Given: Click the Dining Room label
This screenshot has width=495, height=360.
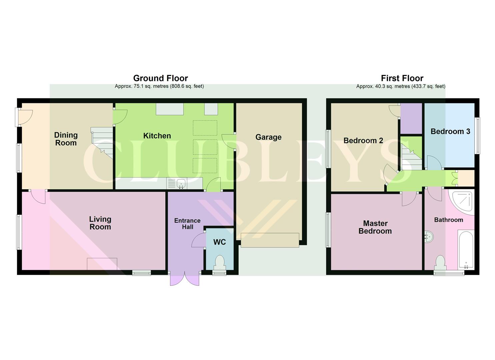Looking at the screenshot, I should coord(66,139).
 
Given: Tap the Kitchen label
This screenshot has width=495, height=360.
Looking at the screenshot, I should coord(157,136).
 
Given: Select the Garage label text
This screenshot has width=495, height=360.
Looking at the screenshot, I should coord(268,137).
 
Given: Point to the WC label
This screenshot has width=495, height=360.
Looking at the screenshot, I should coord(219,242).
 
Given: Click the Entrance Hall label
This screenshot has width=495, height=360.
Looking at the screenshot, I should coord(187,224).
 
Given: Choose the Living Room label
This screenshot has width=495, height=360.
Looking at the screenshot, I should coord(100,223).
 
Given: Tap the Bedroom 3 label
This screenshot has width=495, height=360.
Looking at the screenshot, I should coord(450,131).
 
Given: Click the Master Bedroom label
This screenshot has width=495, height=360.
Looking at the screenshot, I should coord(375,227).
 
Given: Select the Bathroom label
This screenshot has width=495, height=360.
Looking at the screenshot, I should coord(448,220).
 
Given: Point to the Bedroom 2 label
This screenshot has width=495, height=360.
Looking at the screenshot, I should coord(363,141).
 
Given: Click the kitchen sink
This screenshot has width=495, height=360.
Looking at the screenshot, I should coord(181,183).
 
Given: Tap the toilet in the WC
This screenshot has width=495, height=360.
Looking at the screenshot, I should coord(219,262).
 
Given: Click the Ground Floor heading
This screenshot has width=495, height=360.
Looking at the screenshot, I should coord(160,78).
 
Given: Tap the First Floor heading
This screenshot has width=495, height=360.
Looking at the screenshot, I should coord(402,78).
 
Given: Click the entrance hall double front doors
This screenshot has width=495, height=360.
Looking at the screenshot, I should coord(185,278).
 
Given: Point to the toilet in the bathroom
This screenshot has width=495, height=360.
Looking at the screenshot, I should coord(440,263).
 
